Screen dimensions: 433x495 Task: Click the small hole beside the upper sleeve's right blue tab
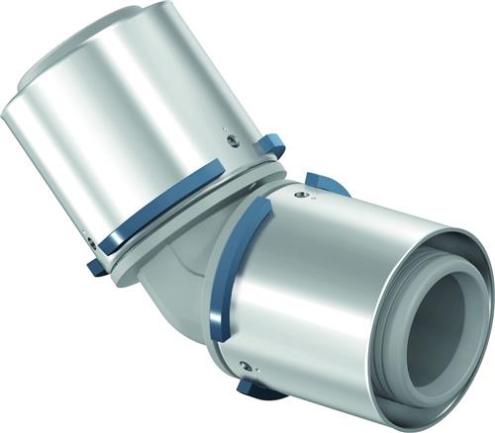pyautogui.click(x=233, y=140)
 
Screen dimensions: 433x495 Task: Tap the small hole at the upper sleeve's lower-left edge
pyautogui.click(x=90, y=238)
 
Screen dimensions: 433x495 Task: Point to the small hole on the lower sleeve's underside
pyautogui.click(x=244, y=367)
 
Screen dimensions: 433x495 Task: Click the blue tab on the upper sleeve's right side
pyautogui.click(x=269, y=144)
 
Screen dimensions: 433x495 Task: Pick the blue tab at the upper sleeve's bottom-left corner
pyautogui.click(x=94, y=265)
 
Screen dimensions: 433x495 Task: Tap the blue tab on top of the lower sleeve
pyautogui.click(x=326, y=183)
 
